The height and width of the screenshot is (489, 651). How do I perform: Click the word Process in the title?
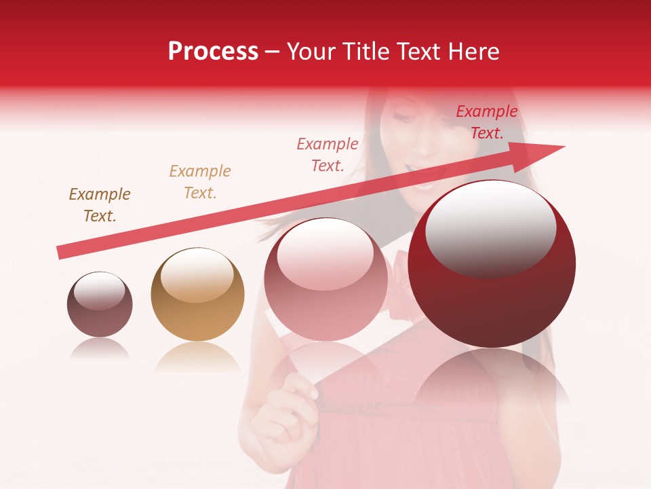(x=213, y=52)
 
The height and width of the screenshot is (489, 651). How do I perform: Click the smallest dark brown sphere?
(x=100, y=304)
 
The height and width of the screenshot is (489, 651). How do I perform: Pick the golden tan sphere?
(x=197, y=294)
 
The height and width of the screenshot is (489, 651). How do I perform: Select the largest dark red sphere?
(x=492, y=264)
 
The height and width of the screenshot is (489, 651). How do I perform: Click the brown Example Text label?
(x=100, y=205)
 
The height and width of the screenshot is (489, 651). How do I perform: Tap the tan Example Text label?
(x=200, y=182)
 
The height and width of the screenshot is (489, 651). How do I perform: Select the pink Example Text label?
(x=328, y=154)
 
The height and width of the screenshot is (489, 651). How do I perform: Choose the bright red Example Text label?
(x=486, y=122)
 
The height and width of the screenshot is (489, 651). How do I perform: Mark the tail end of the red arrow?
(x=61, y=253)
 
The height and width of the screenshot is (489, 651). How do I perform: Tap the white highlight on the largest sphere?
(x=490, y=228)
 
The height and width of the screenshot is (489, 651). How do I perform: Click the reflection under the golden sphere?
(x=197, y=357)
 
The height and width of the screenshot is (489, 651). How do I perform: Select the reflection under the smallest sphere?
(x=100, y=348)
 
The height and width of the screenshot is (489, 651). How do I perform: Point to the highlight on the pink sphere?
(x=325, y=259)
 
